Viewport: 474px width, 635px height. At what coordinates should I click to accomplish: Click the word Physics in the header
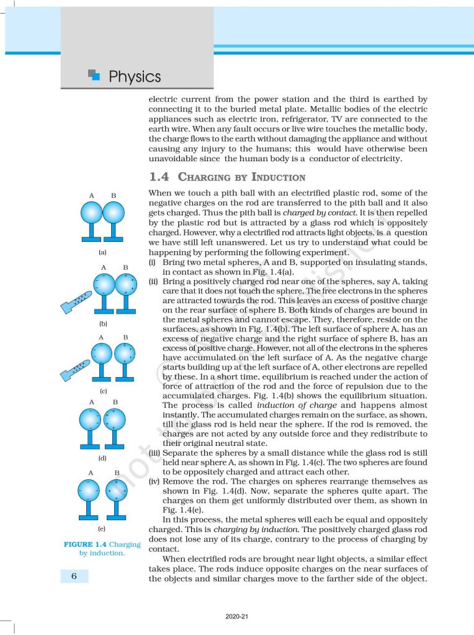[x=134, y=77]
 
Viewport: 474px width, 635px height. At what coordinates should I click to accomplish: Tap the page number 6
[x=74, y=576]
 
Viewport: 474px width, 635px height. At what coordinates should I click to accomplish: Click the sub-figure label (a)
[x=102, y=253]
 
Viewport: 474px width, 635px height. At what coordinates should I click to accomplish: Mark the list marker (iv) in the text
[x=154, y=481]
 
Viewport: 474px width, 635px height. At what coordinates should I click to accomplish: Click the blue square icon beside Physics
[x=94, y=76]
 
